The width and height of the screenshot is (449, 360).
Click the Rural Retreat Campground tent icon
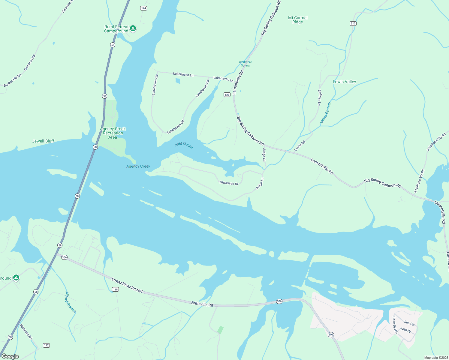[133, 28]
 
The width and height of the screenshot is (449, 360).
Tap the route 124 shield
[144, 8]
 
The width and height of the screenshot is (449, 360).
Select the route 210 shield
[353, 23]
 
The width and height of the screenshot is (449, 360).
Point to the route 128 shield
[227, 95]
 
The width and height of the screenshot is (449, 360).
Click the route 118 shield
[115, 289]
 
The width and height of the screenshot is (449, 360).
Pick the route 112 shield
[46, 345]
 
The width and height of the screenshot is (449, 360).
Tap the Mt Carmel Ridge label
[298, 20]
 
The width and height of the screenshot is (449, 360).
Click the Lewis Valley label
[344, 82]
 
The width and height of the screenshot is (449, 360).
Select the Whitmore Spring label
[245, 64]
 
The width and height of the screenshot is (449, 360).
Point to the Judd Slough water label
[184, 145]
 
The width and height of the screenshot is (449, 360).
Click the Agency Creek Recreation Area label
[113, 133]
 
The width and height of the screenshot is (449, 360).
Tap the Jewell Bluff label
[43, 141]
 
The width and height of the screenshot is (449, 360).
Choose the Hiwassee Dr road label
[229, 183]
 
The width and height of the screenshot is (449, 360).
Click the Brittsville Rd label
[202, 304]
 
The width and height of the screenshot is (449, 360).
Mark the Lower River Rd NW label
[127, 285]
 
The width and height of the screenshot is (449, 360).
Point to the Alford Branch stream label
[71, 302]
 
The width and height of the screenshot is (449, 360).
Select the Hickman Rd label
[26, 331]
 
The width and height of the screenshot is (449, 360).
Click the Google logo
[10, 356]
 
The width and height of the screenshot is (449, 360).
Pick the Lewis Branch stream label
[325, 113]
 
